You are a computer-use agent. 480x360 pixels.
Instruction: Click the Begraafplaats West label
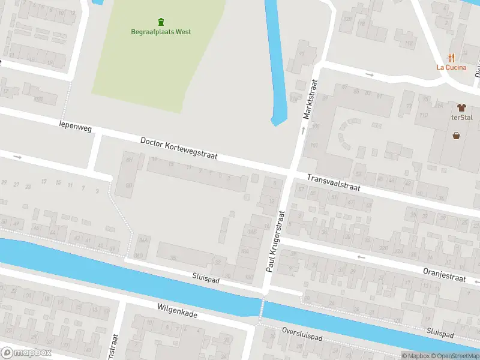point(161,32)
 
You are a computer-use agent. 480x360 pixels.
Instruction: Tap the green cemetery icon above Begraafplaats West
point(161,22)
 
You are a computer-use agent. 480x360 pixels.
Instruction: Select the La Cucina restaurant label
point(451,67)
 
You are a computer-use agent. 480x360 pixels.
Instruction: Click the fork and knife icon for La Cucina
point(452,58)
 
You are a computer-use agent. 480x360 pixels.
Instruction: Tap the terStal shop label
point(462,118)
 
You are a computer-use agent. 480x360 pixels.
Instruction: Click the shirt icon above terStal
point(461,107)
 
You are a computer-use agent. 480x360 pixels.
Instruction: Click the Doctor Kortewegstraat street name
point(178,148)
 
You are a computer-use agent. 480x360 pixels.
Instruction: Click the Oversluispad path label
point(302,334)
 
